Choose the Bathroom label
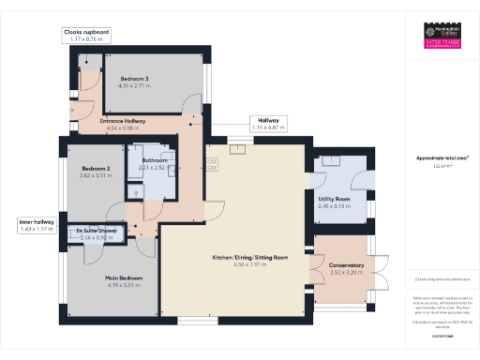point(154,161)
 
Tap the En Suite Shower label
point(98,229)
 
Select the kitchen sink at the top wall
point(239,141)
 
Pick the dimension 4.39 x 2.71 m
point(129,86)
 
